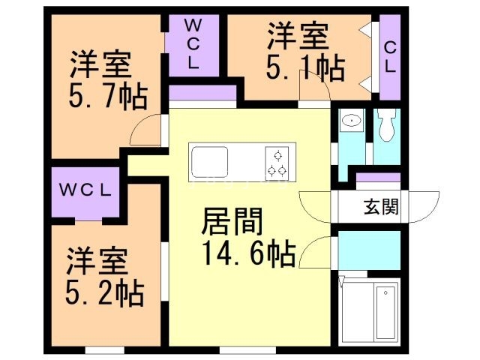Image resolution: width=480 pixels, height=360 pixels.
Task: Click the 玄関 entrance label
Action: [x=382, y=205]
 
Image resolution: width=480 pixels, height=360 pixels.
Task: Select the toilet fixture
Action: [x=387, y=127]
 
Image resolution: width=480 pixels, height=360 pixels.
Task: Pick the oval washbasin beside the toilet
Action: [x=351, y=121]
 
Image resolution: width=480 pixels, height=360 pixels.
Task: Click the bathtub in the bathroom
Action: [x=388, y=312]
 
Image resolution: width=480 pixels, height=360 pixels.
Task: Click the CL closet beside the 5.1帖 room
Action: [x=390, y=57]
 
